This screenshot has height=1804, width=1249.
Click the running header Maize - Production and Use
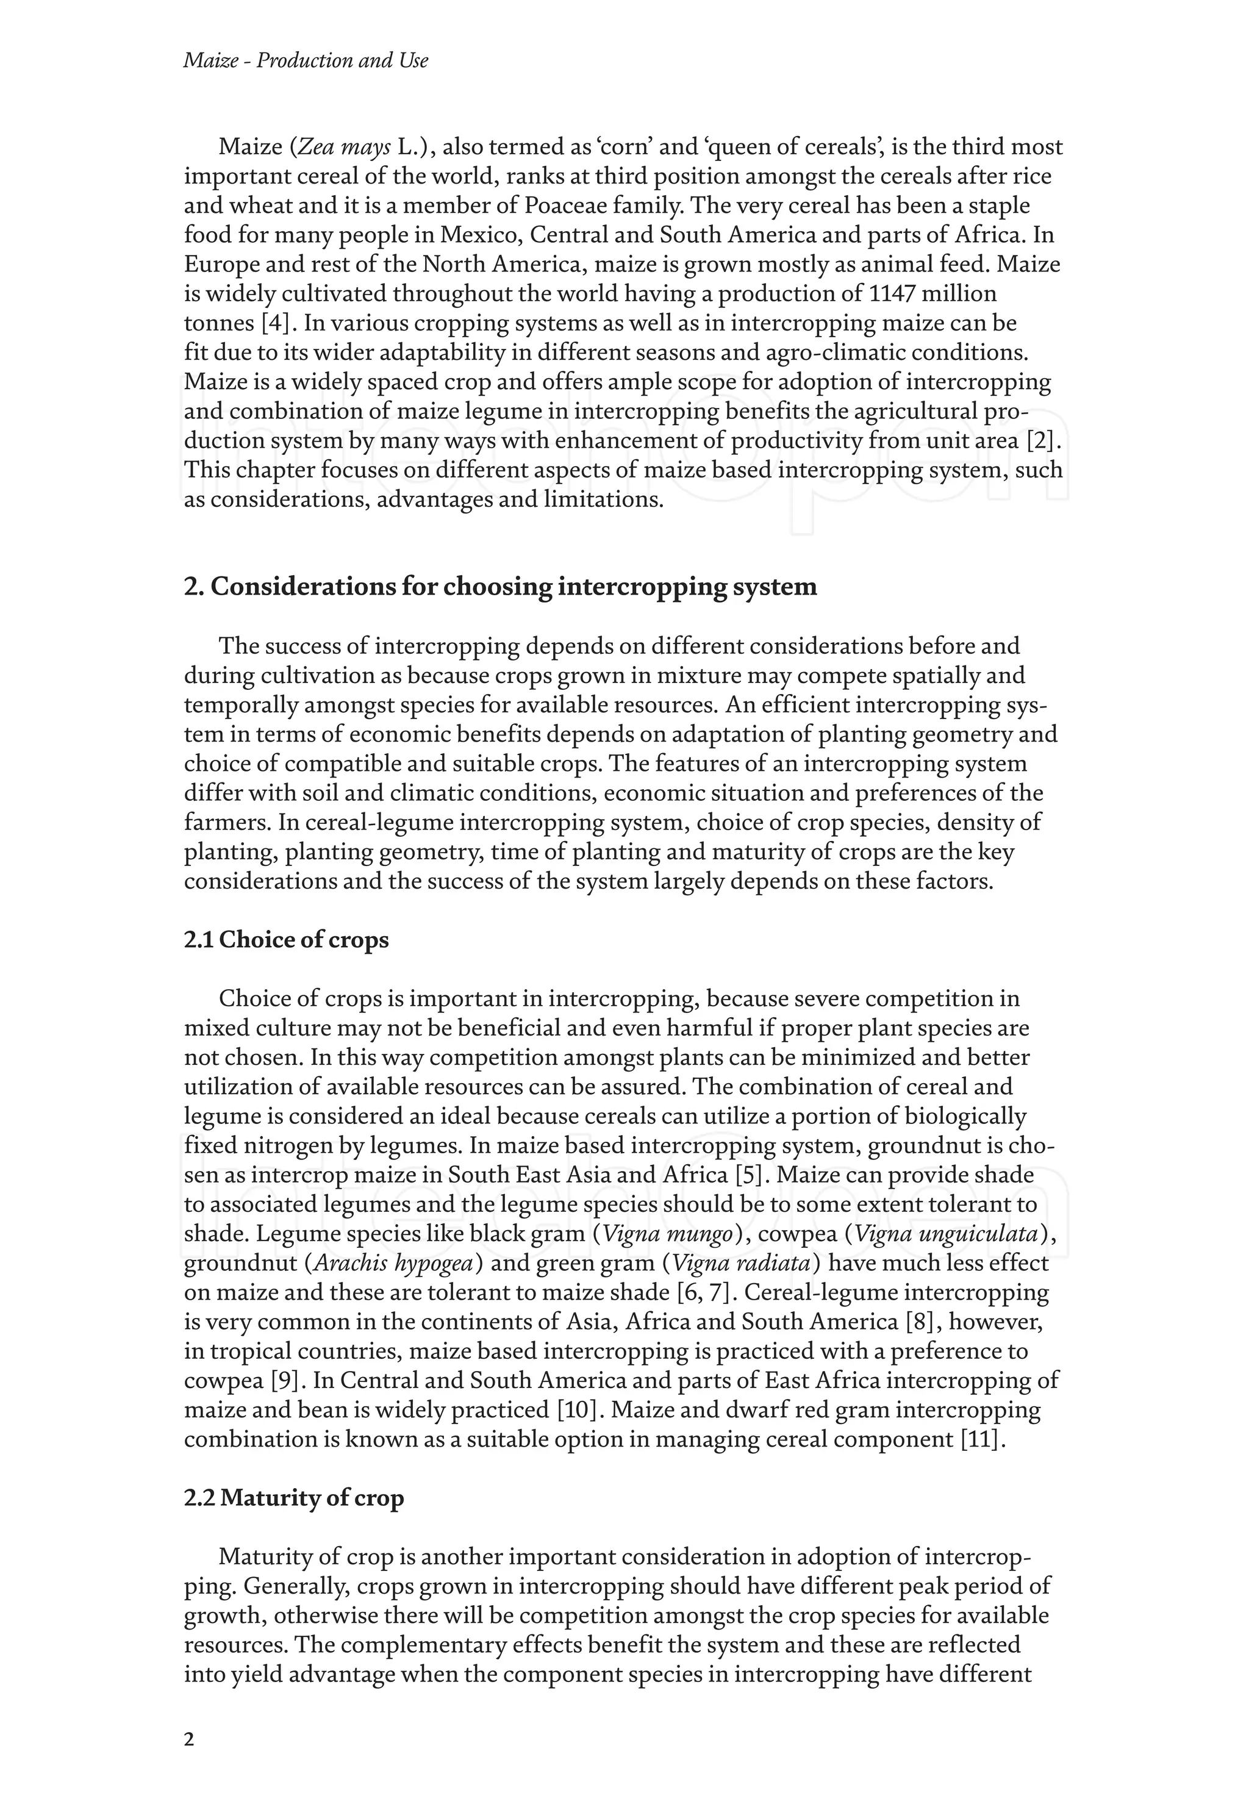click(305, 60)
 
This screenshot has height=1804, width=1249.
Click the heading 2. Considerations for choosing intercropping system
click(500, 586)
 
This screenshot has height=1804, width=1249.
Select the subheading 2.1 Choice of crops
click(287, 939)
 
